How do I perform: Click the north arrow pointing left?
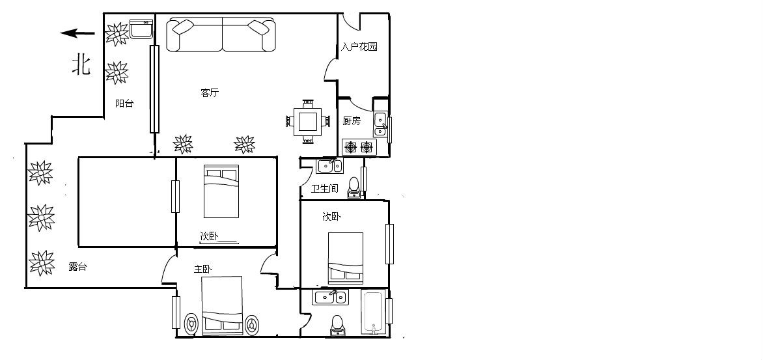77,33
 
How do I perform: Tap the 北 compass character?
81,64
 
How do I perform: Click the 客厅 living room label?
210,93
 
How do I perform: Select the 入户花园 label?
359,47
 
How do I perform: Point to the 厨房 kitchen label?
352,120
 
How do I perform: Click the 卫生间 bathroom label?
325,188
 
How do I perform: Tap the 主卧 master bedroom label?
203,269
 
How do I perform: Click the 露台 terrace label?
78,267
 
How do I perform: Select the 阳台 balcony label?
124,103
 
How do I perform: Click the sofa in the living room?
221,35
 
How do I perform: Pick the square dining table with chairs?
308,121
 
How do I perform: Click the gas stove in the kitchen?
359,146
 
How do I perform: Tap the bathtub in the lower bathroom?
374,313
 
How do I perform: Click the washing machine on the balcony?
142,29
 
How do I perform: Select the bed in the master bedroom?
222,305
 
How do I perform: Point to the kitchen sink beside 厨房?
380,124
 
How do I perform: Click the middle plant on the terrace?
41,217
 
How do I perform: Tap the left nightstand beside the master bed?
192,324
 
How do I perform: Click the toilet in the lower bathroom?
337,326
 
